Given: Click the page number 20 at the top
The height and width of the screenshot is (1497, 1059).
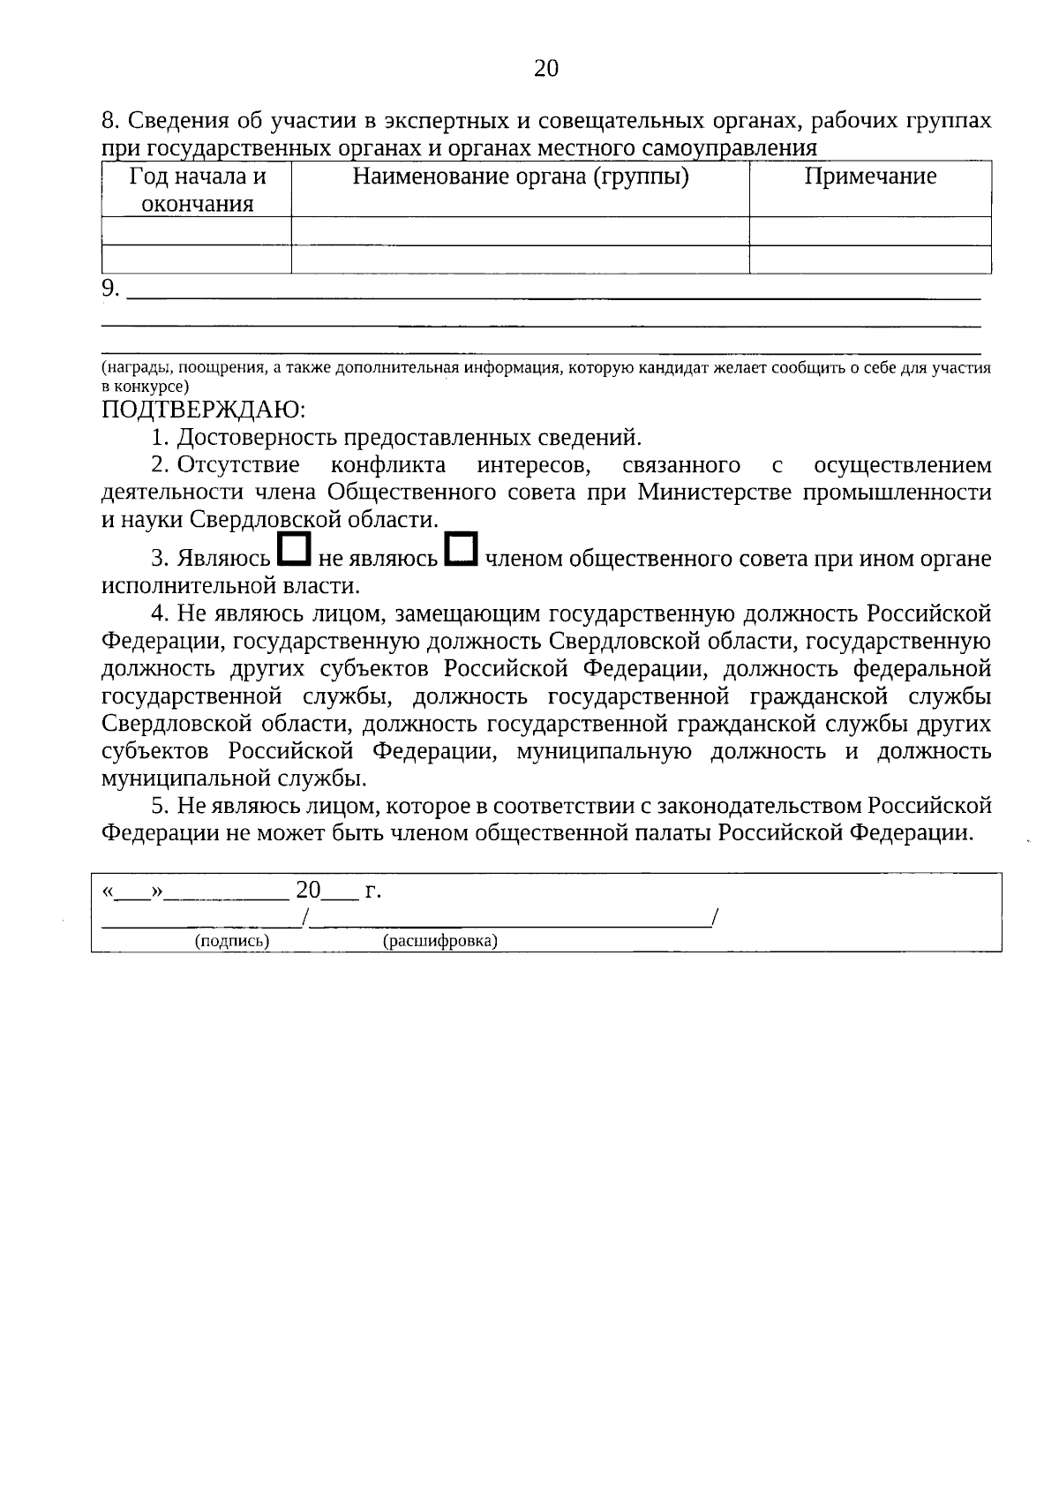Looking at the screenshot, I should [546, 68].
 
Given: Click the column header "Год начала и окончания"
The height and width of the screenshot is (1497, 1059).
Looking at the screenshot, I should [198, 190].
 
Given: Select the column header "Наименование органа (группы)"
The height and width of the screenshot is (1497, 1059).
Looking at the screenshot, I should [521, 177].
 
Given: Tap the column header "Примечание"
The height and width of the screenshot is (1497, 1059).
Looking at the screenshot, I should [870, 177].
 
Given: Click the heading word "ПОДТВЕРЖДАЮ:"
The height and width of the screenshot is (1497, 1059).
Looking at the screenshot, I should [204, 409].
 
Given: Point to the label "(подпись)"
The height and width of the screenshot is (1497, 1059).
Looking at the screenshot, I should [232, 941].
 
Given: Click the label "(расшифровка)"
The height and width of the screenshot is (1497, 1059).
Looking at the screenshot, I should [440, 941].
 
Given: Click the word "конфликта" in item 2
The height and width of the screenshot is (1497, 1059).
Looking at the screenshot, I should [387, 464].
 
